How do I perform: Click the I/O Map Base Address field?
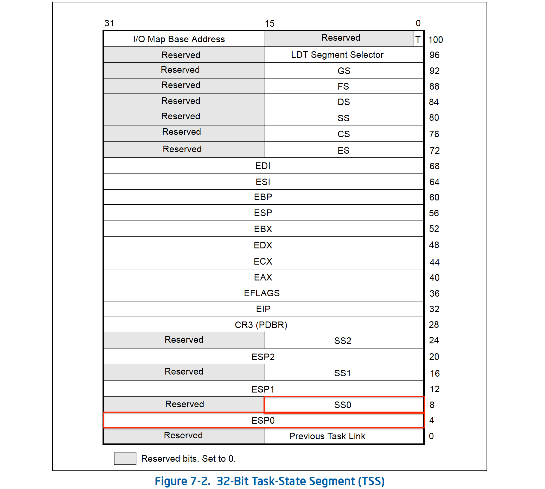179,39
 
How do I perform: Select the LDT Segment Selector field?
337,55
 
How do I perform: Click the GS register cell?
344,71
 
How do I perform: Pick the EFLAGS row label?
262,293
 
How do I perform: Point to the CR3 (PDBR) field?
261,325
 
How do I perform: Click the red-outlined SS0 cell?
343,405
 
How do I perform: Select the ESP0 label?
263,420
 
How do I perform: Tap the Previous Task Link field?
327,436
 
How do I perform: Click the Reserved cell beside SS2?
184,340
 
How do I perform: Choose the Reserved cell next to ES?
182,149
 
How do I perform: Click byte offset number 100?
435,40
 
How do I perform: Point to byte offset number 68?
434,166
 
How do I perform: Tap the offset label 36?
434,293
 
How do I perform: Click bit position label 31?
109,23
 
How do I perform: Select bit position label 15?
270,24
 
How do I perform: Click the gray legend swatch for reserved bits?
125,458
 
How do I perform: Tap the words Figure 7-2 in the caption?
182,481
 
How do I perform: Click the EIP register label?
263,309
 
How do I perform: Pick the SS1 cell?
342,373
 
